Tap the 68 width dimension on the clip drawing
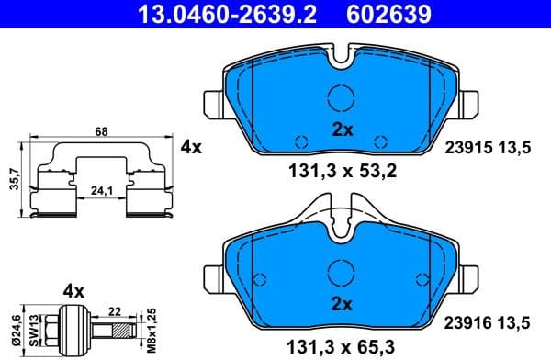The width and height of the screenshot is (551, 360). click(101, 131)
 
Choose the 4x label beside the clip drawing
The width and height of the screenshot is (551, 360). click(191, 146)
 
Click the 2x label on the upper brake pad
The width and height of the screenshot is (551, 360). click(343, 129)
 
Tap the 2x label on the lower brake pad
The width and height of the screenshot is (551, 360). click(343, 304)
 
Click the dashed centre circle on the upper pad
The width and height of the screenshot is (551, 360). click(342, 96)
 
